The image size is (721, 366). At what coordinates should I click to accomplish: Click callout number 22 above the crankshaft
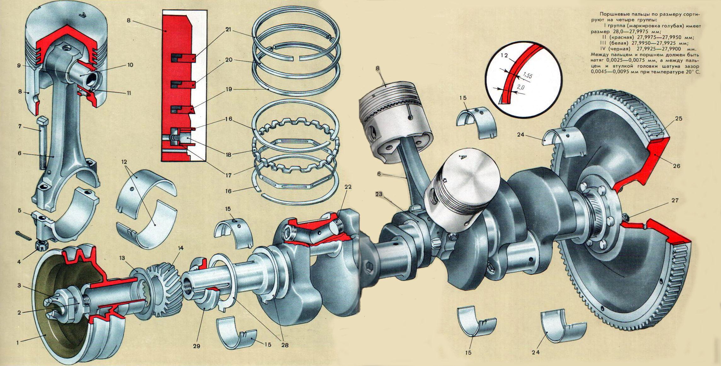click(348, 187)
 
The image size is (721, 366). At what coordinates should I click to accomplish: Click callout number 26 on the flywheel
click(676, 166)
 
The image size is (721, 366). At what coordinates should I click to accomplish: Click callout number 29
click(197, 346)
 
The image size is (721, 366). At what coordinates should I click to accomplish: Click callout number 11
click(129, 93)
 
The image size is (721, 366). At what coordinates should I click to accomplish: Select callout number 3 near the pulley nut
click(19, 286)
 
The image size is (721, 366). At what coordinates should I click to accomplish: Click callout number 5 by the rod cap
click(20, 211)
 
